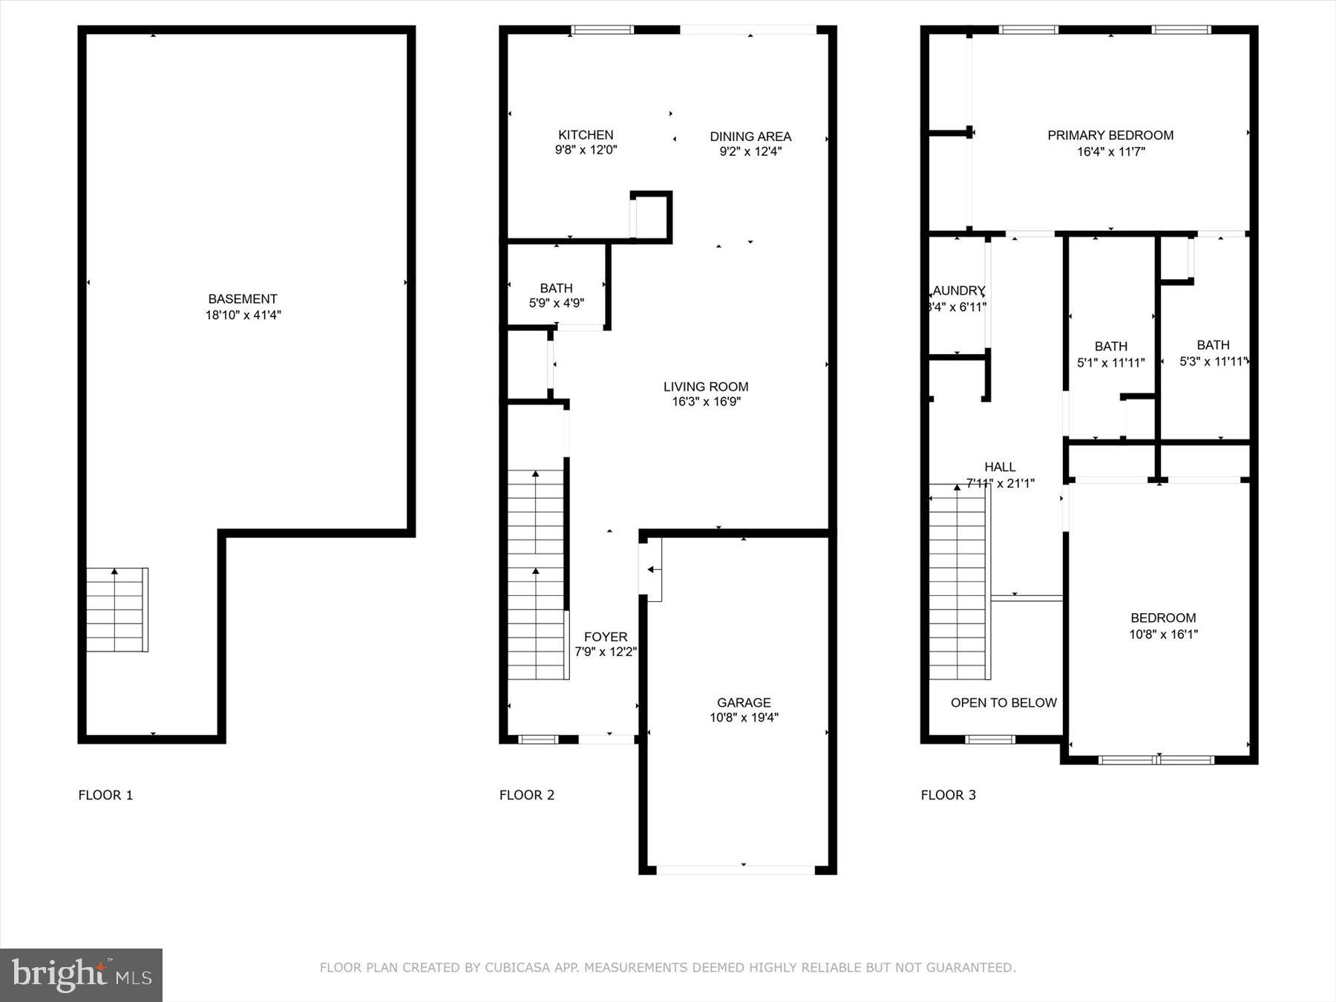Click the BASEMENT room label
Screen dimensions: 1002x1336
click(x=242, y=299)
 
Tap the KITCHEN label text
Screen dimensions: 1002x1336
click(x=586, y=135)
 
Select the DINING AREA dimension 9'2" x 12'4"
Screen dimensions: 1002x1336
click(x=750, y=152)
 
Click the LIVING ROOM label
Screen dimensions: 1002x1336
click(x=705, y=387)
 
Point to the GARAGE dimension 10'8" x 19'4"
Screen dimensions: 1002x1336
click(x=744, y=718)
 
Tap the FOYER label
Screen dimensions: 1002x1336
click(x=606, y=637)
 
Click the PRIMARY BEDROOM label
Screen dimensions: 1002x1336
click(x=1110, y=135)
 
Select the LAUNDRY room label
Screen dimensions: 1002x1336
click(x=958, y=291)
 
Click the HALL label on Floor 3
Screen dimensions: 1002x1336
click(x=1000, y=467)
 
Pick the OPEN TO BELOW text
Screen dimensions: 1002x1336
click(x=1003, y=703)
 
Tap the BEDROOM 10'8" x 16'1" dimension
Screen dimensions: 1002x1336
click(x=1163, y=635)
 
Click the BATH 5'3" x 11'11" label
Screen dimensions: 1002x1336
click(x=1213, y=345)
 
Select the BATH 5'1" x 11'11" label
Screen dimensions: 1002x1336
click(x=1110, y=347)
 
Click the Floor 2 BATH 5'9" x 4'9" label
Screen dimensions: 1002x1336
click(x=556, y=288)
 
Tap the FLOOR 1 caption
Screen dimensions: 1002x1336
click(x=105, y=795)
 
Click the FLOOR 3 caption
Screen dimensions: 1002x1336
click(x=948, y=795)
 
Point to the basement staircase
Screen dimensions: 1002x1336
click(x=117, y=610)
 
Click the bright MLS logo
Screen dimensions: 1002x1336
click(x=81, y=975)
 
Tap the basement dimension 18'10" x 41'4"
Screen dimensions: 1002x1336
click(x=243, y=315)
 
